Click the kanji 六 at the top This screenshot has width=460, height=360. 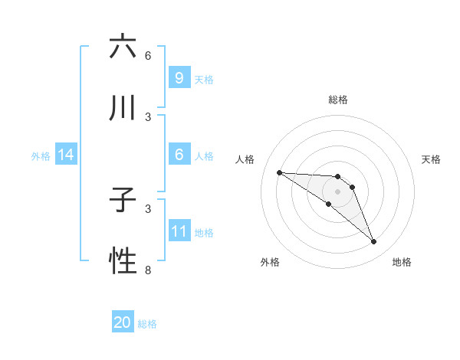(x=123, y=47)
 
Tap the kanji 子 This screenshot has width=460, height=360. (x=123, y=201)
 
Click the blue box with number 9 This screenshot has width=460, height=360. (x=179, y=78)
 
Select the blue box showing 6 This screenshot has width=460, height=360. (x=179, y=155)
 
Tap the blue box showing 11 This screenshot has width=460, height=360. (x=179, y=231)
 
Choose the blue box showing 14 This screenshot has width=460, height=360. (x=66, y=155)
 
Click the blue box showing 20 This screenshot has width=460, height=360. (x=123, y=322)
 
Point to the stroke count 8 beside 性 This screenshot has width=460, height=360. (x=148, y=270)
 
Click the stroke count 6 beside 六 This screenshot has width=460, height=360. (x=148, y=55)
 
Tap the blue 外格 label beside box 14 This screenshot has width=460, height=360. (x=41, y=156)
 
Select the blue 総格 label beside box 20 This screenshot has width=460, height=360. (x=147, y=324)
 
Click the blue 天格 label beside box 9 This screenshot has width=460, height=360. (x=204, y=79)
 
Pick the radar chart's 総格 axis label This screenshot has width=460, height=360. (x=338, y=100)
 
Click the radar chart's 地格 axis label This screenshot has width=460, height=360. (x=402, y=262)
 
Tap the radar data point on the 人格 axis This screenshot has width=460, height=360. (x=279, y=172)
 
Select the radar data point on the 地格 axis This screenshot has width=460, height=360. (x=374, y=242)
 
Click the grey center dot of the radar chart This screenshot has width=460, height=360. (x=337, y=191)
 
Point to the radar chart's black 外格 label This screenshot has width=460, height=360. (x=270, y=262)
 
